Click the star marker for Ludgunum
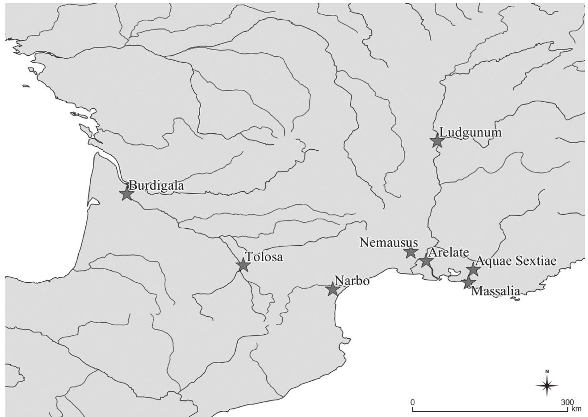click(437, 141)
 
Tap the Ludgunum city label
click(470, 132)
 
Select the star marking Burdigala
click(127, 194)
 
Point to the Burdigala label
click(156, 185)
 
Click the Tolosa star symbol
click(243, 265)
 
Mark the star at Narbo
click(332, 289)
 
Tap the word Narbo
click(352, 281)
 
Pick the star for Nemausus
click(411, 252)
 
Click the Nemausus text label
click(389, 243)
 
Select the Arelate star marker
click(425, 261)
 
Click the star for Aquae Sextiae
click(473, 269)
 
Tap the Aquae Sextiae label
click(516, 261)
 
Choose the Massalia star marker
click(468, 282)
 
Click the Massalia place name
click(496, 292)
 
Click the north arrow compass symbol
click(547, 384)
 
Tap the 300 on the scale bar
click(567, 401)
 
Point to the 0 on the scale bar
click(413, 401)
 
